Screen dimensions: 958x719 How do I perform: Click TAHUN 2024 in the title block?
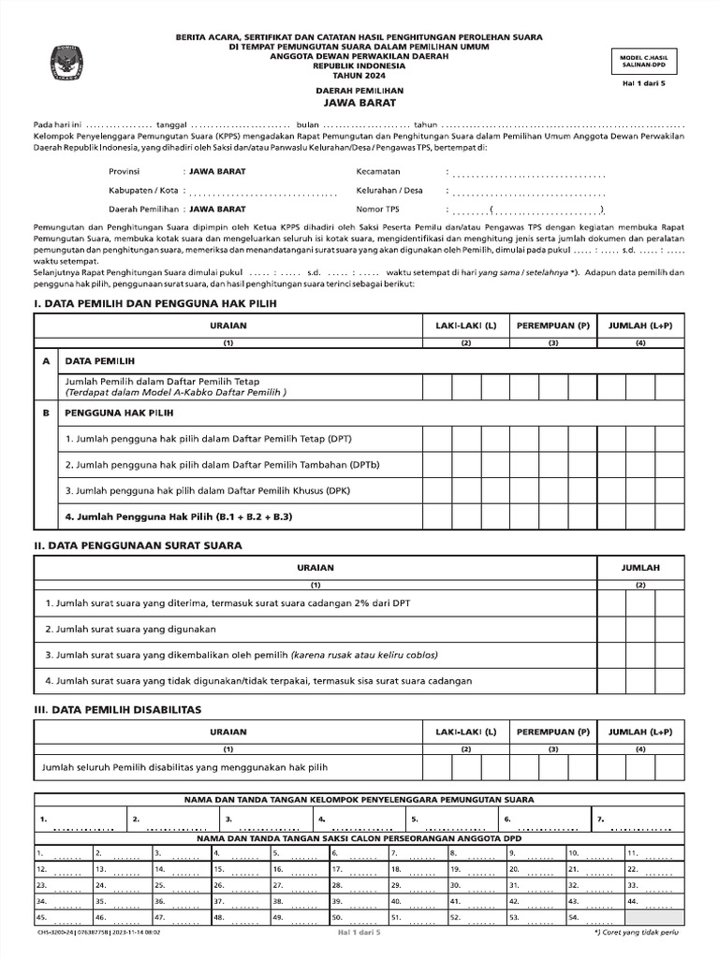(x=359, y=76)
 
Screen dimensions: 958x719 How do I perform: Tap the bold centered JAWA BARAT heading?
(x=359, y=103)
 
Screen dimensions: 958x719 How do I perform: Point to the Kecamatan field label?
(x=378, y=171)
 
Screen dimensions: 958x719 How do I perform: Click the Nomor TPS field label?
(x=377, y=209)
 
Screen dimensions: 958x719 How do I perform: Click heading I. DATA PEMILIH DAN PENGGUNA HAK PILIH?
(x=155, y=304)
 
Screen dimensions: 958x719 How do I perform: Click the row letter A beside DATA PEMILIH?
(x=45, y=360)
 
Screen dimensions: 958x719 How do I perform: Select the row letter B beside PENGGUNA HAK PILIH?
(x=45, y=412)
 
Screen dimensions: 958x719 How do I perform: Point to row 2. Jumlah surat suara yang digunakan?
(x=130, y=629)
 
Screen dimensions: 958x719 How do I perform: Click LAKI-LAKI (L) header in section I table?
(x=465, y=325)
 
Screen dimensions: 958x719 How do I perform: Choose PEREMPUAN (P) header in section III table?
(x=553, y=732)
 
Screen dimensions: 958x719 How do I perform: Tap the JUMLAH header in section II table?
(x=640, y=568)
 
